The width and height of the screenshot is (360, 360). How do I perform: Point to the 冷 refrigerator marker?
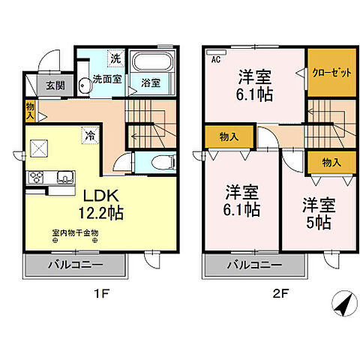point(89,136)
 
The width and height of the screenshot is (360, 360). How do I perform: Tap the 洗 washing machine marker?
point(115,58)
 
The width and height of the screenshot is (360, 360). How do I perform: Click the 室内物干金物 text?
point(76,232)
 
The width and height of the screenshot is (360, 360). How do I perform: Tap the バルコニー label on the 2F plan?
point(253,265)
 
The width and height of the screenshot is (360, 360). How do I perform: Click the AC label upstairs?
point(215,59)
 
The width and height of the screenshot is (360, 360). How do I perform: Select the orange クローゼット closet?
point(330,73)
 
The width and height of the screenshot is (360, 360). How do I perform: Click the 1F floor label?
point(102,293)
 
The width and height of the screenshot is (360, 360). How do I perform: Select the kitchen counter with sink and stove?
point(51,178)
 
